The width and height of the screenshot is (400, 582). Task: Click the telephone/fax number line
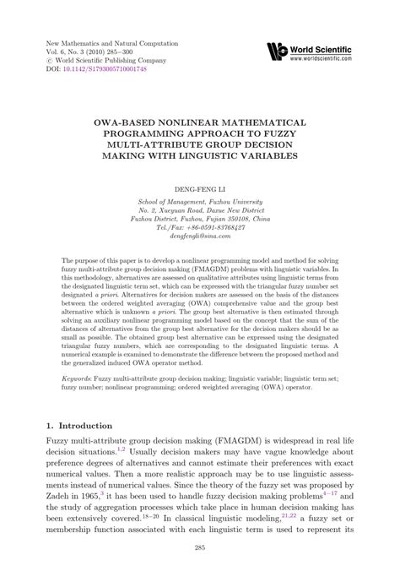click(200, 228)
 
